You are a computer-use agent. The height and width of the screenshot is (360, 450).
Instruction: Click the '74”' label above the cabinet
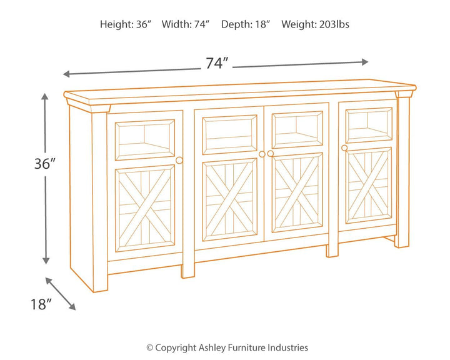217,64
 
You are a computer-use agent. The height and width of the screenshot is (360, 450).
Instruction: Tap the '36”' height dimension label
45,164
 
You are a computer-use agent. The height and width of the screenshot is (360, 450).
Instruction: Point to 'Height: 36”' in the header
125,24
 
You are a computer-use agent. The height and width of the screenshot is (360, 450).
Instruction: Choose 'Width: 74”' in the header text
186,24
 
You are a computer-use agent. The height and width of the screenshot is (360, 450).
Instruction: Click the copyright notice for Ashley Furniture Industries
226,347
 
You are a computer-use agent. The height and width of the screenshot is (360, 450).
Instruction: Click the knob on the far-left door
179,161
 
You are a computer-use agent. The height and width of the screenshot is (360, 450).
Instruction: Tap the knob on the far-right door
344,147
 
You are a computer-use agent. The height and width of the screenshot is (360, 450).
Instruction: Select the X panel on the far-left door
144,207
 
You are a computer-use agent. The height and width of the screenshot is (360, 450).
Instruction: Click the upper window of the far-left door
145,139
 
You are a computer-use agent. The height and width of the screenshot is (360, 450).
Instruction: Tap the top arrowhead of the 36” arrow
45,97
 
